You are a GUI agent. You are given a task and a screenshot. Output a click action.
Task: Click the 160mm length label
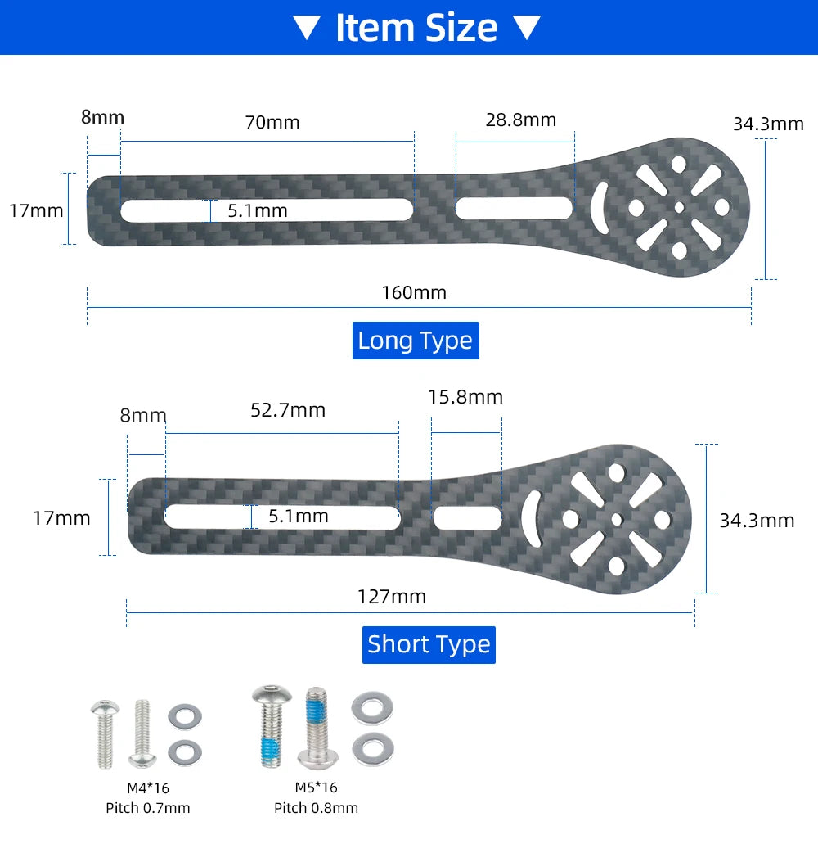(x=414, y=293)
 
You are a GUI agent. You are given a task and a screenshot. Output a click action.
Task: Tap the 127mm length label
(x=391, y=597)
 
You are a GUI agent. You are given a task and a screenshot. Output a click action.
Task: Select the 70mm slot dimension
(x=272, y=122)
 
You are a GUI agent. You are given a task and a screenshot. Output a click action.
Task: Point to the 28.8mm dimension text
(x=521, y=120)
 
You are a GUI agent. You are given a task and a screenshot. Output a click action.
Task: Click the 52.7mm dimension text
(x=288, y=410)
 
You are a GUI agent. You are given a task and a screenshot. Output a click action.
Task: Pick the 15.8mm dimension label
(x=465, y=397)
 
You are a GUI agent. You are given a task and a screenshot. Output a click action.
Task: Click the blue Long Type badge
(x=416, y=341)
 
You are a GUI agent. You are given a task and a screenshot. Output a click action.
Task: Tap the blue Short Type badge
(x=429, y=644)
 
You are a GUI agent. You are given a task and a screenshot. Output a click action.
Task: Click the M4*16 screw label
(x=148, y=788)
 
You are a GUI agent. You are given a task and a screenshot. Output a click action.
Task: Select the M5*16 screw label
(x=316, y=788)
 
